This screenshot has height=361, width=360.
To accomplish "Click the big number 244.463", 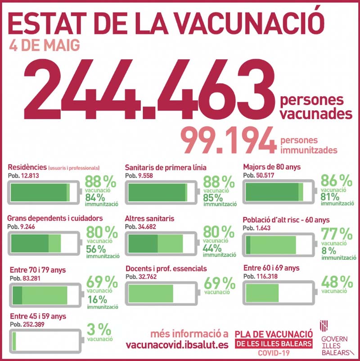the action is [149, 89].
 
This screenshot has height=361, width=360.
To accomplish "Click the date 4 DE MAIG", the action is [45, 45].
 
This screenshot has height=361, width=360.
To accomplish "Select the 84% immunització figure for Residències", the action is [95, 197].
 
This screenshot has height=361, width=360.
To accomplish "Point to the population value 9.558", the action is [145, 176].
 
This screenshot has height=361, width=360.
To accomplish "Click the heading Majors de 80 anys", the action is [272, 167].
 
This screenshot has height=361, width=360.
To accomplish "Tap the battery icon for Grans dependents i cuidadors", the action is [45, 243].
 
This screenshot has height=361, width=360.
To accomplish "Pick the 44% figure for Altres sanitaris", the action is [212, 248].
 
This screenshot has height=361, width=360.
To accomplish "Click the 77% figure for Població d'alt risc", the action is [337, 234].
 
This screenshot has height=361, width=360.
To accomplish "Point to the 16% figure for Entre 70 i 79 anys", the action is [97, 299].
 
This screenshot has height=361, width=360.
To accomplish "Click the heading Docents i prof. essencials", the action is [166, 268].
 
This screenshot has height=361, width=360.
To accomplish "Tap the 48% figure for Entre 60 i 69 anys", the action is [337, 282].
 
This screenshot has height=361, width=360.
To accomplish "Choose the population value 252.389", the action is [34, 325].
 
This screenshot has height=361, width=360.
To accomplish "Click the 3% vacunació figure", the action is [99, 329].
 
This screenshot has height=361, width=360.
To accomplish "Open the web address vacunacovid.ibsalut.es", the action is [177, 345].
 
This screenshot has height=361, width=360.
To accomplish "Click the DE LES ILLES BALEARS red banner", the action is [274, 344].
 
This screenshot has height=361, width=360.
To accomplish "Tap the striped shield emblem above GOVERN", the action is [324, 325].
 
